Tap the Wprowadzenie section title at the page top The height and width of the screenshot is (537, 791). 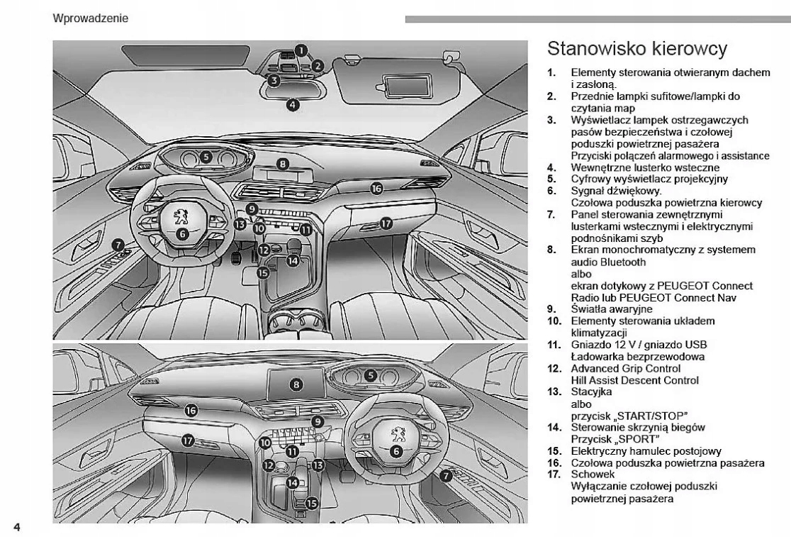pos(91,18)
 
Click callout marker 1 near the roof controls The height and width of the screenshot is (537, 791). pos(302,50)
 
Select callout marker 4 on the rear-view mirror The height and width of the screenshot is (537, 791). pos(293,104)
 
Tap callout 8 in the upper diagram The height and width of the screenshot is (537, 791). pos(283,164)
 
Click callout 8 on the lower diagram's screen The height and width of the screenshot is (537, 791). pos(297,384)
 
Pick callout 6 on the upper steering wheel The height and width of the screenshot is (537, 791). pos(181,233)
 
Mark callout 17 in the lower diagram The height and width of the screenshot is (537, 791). pos(189,441)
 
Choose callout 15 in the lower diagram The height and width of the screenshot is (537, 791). pos(313,502)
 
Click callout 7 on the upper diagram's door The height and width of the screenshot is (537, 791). pos(116,243)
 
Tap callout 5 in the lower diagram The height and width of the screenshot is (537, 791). pos(370,375)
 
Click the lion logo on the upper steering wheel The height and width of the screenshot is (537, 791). pos(181,215)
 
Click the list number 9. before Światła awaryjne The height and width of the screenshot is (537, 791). pos(551,309)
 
